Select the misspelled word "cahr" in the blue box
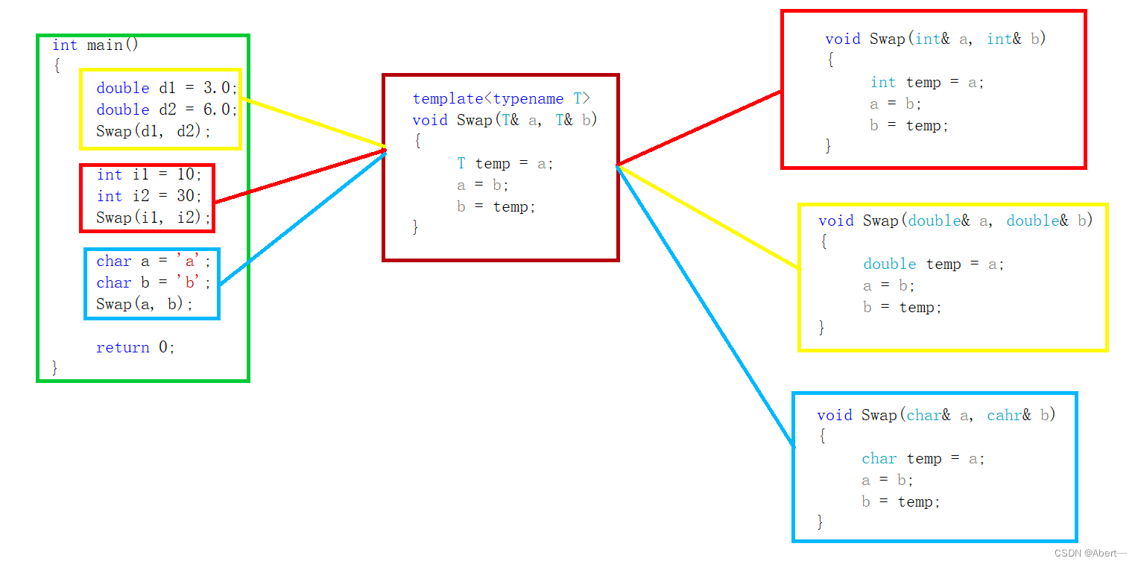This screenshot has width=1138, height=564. pyautogui.click(x=1005, y=415)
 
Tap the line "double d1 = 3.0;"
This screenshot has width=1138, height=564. pyautogui.click(x=166, y=88)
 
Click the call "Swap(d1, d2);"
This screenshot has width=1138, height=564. pyautogui.click(x=154, y=131)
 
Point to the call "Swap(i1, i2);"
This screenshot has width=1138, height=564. pyautogui.click(x=154, y=218)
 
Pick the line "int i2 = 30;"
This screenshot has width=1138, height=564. pyautogui.click(x=149, y=196)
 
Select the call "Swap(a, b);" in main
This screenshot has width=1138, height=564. pyautogui.click(x=145, y=304)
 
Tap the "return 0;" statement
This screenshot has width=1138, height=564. pyautogui.click(x=135, y=347)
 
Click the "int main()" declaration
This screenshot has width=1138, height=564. pyautogui.click(x=95, y=45)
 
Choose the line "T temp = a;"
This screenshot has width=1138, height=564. pyautogui.click(x=505, y=163)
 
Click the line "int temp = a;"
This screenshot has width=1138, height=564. pyautogui.click(x=927, y=82)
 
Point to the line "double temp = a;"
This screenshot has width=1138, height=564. pyautogui.click(x=934, y=264)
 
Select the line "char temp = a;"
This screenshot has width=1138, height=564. pyautogui.click(x=923, y=458)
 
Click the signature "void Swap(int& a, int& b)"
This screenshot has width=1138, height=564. pyautogui.click(x=935, y=39)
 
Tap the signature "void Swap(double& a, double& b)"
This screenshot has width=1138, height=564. pyautogui.click(x=955, y=221)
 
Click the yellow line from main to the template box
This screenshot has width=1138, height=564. pyautogui.click(x=313, y=123)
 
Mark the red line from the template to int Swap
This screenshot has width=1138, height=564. pyautogui.click(x=699, y=127)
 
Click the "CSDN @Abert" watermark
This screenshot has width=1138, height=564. pyautogui.click(x=1090, y=553)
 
